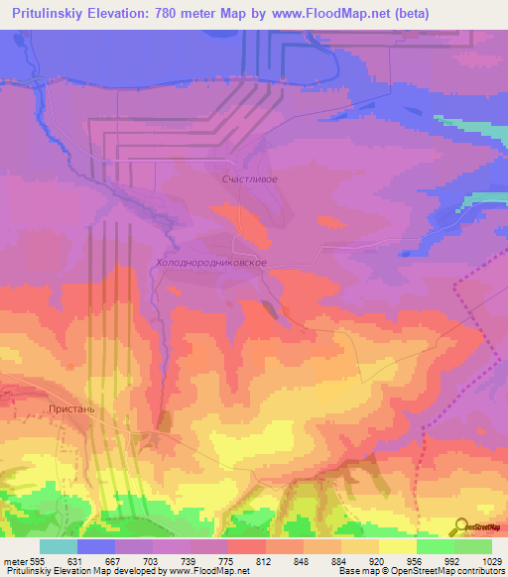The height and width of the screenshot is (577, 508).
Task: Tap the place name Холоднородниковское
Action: click(212, 264)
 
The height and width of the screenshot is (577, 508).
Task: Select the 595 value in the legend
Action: click(36, 560)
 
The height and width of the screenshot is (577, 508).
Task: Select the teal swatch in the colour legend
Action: click(59, 546)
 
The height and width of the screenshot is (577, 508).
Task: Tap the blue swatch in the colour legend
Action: click(96, 546)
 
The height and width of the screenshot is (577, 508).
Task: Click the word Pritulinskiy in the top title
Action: click(50, 13)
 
